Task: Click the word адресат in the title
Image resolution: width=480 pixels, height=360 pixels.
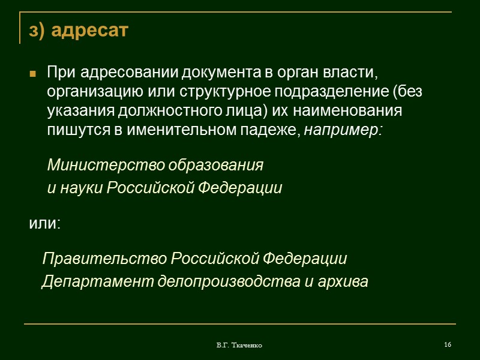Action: pos(91,31)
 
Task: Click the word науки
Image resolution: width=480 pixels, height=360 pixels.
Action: pos(80,188)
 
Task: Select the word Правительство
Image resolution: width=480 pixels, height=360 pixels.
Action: pos(104,259)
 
